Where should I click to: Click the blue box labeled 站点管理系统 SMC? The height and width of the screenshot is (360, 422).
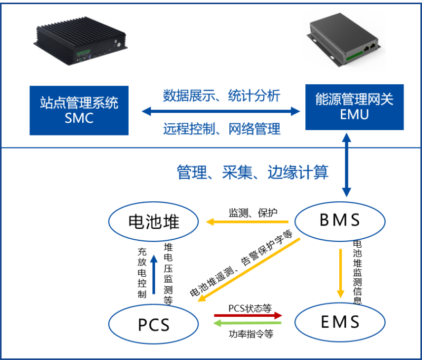pos(79,110)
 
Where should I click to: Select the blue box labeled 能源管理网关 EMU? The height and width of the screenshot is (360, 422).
pos(354,107)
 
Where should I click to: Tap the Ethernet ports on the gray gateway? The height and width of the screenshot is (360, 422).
pos(369,47)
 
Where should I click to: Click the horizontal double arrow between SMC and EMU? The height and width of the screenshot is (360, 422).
pos(221,111)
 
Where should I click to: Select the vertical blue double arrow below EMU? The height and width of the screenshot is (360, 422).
pos(346,166)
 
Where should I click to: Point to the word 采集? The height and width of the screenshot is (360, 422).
pos(242,172)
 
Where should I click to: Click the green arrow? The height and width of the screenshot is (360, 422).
pos(247,323)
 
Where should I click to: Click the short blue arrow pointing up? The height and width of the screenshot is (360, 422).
pos(154,274)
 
